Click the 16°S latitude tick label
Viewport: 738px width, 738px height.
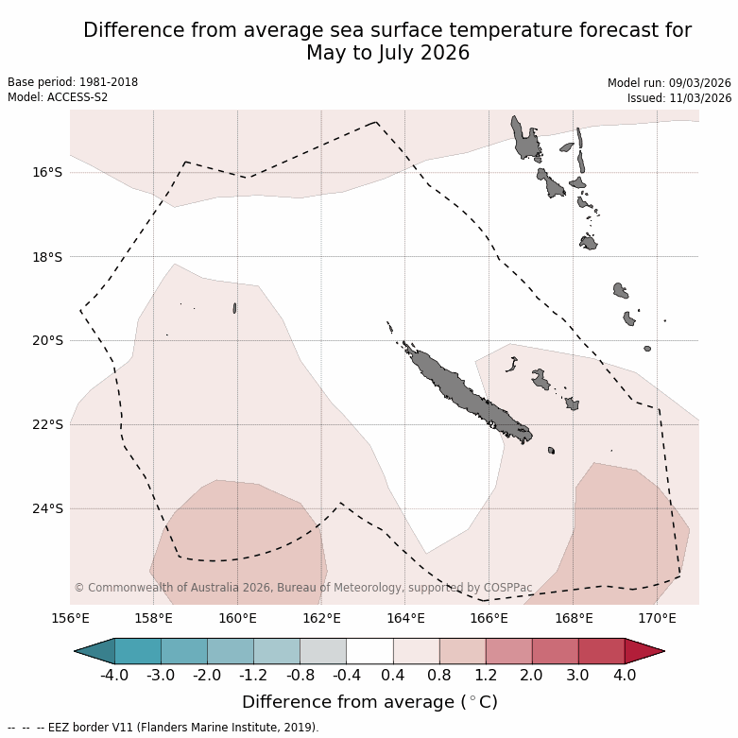coord(48,172)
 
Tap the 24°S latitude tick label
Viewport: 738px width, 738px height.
coord(48,508)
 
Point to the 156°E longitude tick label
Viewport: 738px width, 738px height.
coord(70,619)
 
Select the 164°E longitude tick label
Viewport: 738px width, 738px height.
coord(405,619)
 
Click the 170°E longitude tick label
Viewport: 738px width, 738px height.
coord(657,619)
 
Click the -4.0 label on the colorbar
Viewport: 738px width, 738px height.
coord(114,676)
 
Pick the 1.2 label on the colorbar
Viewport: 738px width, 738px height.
coord(486,676)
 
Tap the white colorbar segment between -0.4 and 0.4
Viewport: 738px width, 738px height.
coord(369,651)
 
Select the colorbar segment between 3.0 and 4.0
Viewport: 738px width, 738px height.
coord(601,651)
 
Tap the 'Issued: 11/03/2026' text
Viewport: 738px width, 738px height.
coord(678,98)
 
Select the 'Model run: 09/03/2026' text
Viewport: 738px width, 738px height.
coord(669,83)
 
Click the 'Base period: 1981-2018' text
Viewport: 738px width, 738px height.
coord(73,82)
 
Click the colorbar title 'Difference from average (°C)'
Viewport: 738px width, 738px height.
coord(369,702)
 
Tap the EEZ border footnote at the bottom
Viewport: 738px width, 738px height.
coord(163,728)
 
